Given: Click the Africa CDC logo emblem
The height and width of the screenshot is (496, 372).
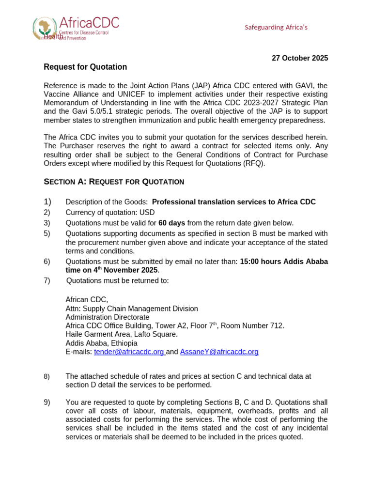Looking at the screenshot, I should tap(44, 28).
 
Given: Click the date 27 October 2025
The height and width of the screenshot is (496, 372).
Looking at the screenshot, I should tap(299, 58).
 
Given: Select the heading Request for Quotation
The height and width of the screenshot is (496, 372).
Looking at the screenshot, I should tap(85, 67).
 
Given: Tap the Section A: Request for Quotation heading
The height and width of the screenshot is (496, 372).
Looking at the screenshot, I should tap(114, 182).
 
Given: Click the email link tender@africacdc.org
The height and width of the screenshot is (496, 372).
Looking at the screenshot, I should tap(129, 352).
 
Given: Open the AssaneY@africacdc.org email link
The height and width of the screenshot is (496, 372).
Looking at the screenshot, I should tap(219, 352).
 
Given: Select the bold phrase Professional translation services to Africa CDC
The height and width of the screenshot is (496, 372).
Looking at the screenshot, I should tap(233, 201).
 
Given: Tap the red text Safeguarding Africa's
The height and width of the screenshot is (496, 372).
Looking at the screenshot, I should tap(276, 27).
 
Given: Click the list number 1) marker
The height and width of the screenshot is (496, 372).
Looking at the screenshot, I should tap(47, 201).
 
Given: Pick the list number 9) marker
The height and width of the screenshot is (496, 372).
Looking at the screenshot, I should tap(47, 402).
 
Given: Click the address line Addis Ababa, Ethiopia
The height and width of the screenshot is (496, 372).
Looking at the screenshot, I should tap(101, 343).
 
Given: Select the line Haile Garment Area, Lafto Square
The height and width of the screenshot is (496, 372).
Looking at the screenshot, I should tap(121, 334).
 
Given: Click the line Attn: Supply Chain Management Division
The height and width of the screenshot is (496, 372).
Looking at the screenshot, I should tap(131, 309).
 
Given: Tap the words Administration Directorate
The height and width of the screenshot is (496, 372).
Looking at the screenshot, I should tap(108, 317).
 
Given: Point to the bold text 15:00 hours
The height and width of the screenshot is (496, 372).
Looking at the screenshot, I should tap(260, 262).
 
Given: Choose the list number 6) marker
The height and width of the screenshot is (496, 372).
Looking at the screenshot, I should tap(47, 262).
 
